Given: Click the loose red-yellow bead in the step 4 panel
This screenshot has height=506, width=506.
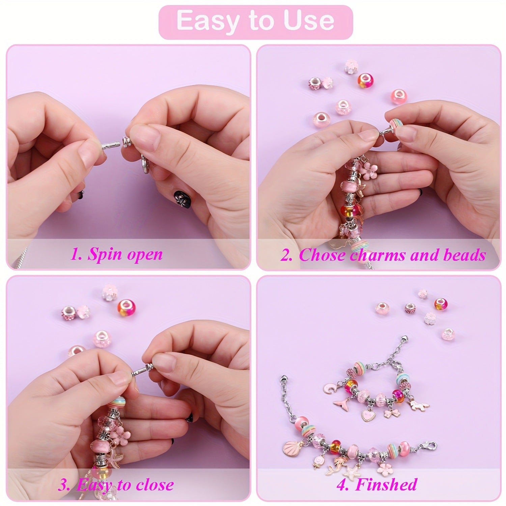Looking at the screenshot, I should pyautogui.click(x=441, y=304).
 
